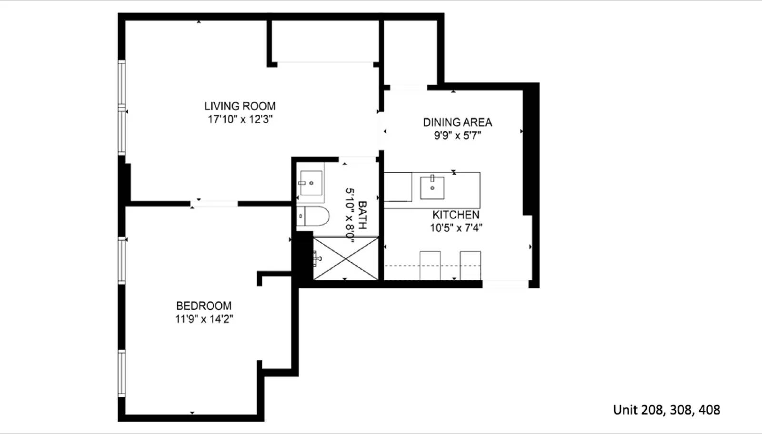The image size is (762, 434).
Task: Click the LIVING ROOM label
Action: (240, 106)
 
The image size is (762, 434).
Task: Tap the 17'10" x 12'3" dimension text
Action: (240, 119)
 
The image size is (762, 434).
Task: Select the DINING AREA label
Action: (457, 122)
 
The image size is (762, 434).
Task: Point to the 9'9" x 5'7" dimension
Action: (457, 136)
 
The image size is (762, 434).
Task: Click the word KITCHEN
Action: (456, 215)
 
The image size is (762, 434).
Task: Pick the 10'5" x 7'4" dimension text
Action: (456, 228)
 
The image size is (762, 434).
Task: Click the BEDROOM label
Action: (204, 306)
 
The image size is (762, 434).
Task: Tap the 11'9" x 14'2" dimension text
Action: (204, 319)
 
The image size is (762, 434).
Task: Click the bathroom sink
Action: (311, 183)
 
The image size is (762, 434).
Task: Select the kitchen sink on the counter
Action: (432, 187)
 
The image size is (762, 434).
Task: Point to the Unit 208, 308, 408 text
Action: (666, 410)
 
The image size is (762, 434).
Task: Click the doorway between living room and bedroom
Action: (214, 204)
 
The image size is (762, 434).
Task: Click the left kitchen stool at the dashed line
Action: (430, 265)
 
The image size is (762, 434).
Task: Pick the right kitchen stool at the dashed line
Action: (470, 265)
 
